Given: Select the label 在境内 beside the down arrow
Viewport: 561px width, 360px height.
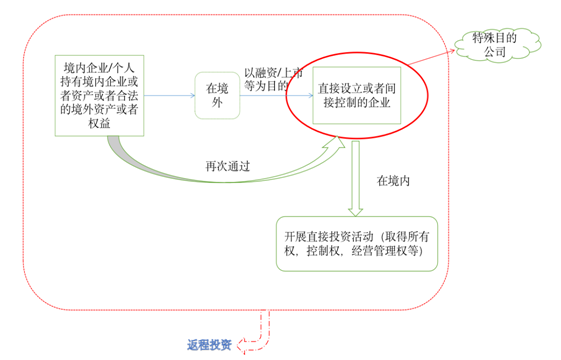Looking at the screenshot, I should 394,182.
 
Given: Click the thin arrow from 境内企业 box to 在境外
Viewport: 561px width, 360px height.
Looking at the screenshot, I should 168,96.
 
